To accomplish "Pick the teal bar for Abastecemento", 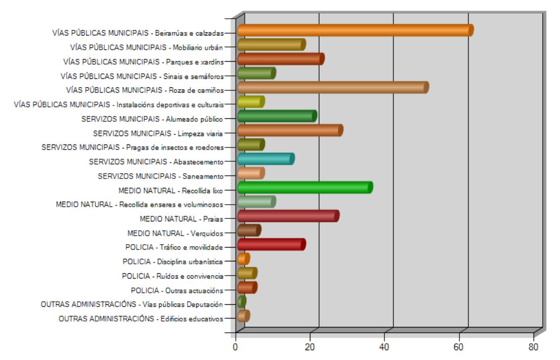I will tap(265, 159).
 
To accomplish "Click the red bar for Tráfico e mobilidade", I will tap(271, 245).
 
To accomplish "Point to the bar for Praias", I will tap(288, 216).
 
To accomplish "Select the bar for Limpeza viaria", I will tap(289, 131).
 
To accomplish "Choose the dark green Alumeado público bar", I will tap(276, 116).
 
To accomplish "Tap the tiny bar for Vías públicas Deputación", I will tap(241, 301).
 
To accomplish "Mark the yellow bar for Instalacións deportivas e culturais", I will tap(251, 102).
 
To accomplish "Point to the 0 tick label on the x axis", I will tap(236, 347).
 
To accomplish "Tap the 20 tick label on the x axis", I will tap(310, 347).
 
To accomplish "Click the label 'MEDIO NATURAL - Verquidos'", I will tap(175, 233).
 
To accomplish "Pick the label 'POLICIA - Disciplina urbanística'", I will tap(173, 262).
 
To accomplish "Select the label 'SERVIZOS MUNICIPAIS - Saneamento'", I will tap(161, 176).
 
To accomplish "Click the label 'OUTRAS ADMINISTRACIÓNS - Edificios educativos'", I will tap(141, 319).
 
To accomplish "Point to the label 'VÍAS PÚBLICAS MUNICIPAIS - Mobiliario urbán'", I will tap(147, 48).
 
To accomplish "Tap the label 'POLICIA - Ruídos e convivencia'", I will tap(173, 276).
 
